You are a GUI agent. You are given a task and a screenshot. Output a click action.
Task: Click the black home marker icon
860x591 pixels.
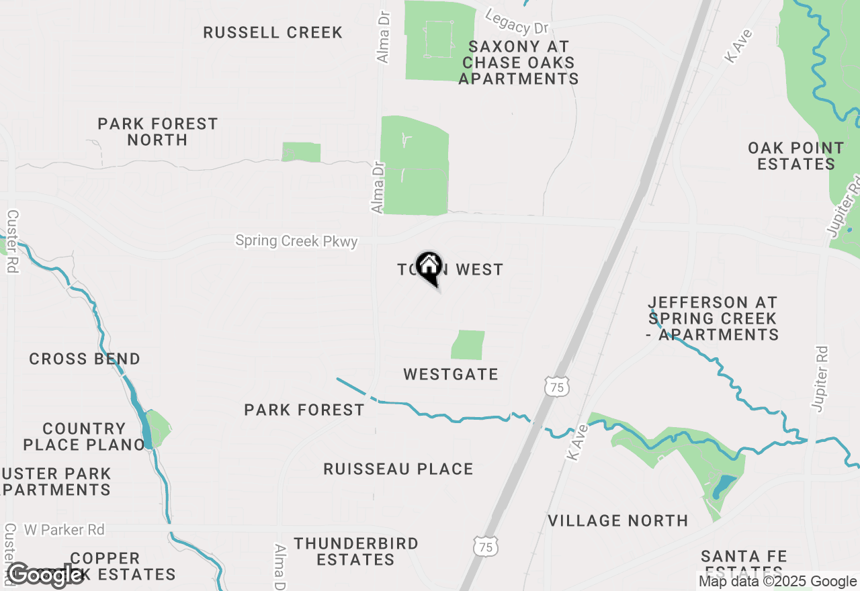[x=429, y=267]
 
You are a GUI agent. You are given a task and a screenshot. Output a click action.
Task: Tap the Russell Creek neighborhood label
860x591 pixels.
[x=273, y=32]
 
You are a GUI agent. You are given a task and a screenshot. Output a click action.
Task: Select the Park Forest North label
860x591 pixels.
[x=158, y=132]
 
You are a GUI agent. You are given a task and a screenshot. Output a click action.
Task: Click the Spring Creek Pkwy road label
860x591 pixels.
[x=296, y=240]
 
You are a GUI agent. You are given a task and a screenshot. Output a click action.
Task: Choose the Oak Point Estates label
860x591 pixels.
[x=796, y=156]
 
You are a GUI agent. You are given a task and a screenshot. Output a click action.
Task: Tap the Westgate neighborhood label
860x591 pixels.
[x=451, y=374]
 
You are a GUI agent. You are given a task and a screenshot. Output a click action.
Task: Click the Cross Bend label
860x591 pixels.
[x=85, y=359]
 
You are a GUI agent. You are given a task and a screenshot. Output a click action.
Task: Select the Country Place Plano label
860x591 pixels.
[x=85, y=437]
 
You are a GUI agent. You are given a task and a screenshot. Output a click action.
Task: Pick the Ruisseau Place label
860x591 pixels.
[x=398, y=469]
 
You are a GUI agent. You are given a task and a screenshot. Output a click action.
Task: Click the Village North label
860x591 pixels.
[x=618, y=520]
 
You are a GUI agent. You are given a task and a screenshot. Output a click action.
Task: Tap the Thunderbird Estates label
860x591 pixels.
[x=356, y=551]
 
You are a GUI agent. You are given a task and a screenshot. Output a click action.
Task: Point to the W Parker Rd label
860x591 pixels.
[x=64, y=530]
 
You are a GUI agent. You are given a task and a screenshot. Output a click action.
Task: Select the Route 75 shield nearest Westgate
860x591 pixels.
[x=557, y=386]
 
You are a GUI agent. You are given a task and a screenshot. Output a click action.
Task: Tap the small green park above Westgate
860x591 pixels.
[x=469, y=345]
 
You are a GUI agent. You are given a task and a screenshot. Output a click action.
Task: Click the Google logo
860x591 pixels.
[x=45, y=575]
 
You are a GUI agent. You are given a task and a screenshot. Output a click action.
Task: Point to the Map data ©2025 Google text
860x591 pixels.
[x=777, y=582]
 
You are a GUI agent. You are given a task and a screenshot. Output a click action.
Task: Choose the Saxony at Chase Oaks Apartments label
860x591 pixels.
[x=519, y=62]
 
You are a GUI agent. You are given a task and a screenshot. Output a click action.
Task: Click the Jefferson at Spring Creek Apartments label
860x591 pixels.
[x=713, y=318]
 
